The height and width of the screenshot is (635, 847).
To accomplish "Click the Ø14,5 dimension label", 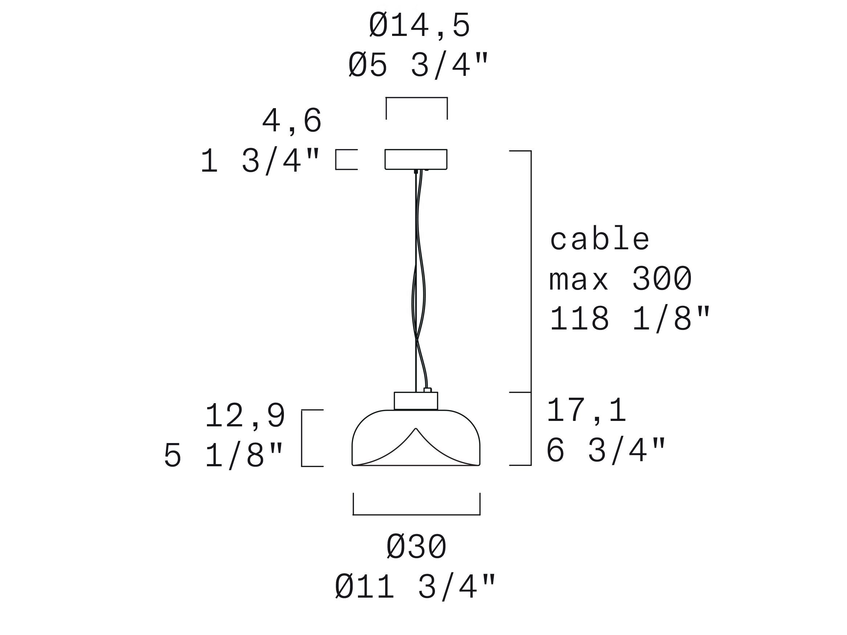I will click(x=419, y=26).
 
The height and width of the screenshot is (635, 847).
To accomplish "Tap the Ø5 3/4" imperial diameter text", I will click(x=418, y=65).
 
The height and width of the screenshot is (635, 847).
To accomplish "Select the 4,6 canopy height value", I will click(x=292, y=121).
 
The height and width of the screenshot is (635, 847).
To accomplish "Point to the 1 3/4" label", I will click(x=260, y=161).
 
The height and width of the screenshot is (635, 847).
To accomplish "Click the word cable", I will click(x=600, y=239).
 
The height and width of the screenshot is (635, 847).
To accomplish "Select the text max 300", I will click(x=620, y=279).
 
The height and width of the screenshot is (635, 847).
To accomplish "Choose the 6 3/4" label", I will click(x=606, y=451).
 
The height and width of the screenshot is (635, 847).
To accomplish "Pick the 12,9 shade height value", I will click(x=245, y=416).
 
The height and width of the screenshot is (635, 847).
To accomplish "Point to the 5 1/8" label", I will click(x=224, y=455).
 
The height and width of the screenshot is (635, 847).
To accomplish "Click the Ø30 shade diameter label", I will click(x=416, y=547).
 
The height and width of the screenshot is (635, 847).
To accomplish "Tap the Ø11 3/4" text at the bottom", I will click(x=415, y=587).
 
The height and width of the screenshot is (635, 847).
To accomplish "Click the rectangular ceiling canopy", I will click(x=416, y=159).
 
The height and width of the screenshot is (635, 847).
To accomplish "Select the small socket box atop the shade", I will click(x=416, y=401).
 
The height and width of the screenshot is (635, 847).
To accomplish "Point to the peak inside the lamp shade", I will click(x=416, y=430).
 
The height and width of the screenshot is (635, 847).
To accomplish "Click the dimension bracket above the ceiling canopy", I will click(x=417, y=98).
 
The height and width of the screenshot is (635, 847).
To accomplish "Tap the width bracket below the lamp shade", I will click(x=416, y=515).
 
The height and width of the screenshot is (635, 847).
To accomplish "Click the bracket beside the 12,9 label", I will click(x=302, y=438).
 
